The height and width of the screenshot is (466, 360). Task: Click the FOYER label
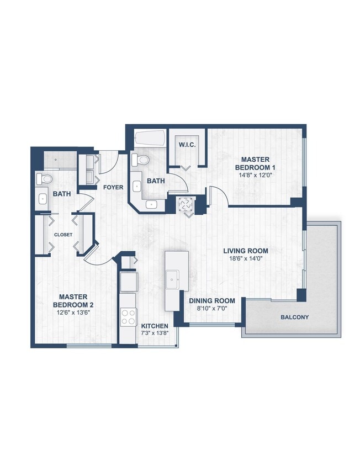click(x=113, y=187)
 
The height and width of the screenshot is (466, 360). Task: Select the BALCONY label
click(x=295, y=317)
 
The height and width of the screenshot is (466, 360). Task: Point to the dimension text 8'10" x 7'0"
click(x=213, y=309)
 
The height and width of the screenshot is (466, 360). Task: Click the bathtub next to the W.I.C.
click(x=149, y=138)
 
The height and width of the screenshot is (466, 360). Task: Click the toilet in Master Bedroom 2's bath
click(x=44, y=178)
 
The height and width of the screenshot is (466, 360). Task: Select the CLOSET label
click(x=63, y=235)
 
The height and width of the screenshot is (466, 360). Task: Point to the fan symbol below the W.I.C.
click(x=185, y=204)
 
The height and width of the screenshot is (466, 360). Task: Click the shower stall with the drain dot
click(x=61, y=160)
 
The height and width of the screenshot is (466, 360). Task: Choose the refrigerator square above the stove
click(x=129, y=282)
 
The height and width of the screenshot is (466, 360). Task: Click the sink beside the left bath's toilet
click(x=43, y=199)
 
